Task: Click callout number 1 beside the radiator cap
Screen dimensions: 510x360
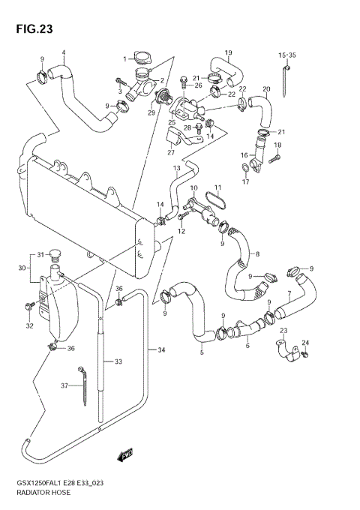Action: click(125, 58)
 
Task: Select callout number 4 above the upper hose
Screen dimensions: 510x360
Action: click(64, 52)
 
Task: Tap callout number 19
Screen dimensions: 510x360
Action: click(228, 52)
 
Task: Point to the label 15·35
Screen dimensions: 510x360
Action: click(287, 55)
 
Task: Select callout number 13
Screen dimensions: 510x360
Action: click(177, 168)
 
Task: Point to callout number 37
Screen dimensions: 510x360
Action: click(64, 385)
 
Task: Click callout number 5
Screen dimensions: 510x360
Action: click(201, 352)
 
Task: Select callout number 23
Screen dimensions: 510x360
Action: click(283, 330)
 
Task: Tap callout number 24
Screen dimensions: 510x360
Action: click(305, 343)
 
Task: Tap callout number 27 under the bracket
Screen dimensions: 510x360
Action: click(170, 153)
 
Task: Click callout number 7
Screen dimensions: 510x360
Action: click(289, 293)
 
